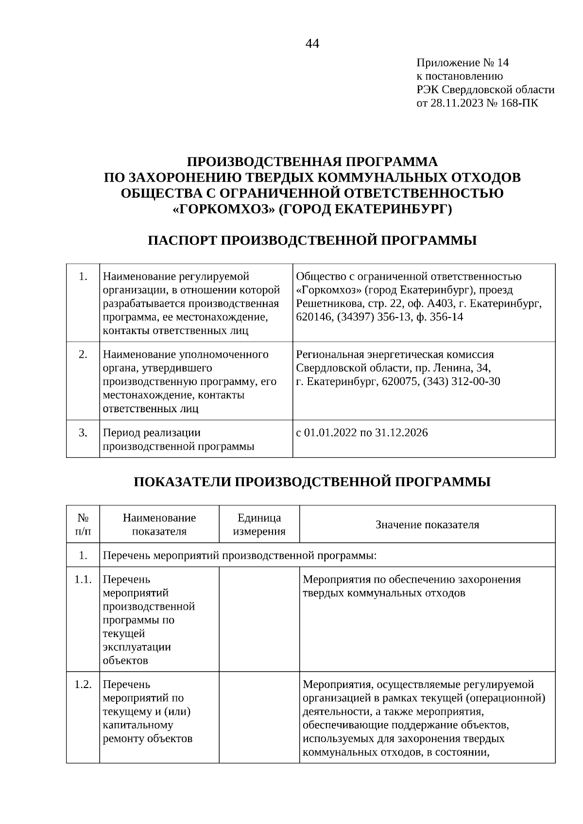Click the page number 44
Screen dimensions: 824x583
[x=312, y=44]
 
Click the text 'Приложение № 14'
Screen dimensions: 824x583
[x=463, y=63]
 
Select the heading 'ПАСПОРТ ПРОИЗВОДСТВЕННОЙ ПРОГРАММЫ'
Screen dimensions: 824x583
[x=312, y=240]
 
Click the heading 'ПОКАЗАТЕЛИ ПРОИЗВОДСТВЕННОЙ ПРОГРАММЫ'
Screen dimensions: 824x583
[x=312, y=482]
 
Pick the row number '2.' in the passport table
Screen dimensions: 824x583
[x=83, y=354]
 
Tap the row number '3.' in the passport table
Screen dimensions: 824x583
[x=83, y=433]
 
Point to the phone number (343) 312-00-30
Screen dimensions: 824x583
[x=462, y=381]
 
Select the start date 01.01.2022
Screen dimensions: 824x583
[x=330, y=433]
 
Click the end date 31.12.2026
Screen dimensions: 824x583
[x=401, y=433]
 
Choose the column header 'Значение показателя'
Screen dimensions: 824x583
[x=427, y=524]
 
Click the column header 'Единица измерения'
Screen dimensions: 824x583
[x=259, y=524]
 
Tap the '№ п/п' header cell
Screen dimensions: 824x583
[x=83, y=524]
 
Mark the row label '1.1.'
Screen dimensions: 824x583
[x=83, y=580]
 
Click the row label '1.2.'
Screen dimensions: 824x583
[x=83, y=685]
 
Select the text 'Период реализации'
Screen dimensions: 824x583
[x=152, y=433]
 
